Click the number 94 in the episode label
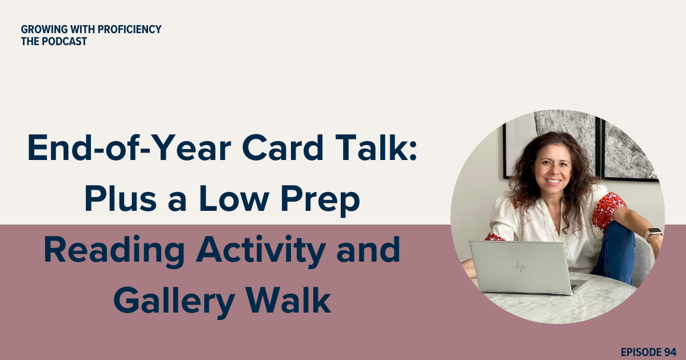tap(671, 351)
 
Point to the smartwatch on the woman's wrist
tap(652, 234)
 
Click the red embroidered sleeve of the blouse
tap(608, 209)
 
